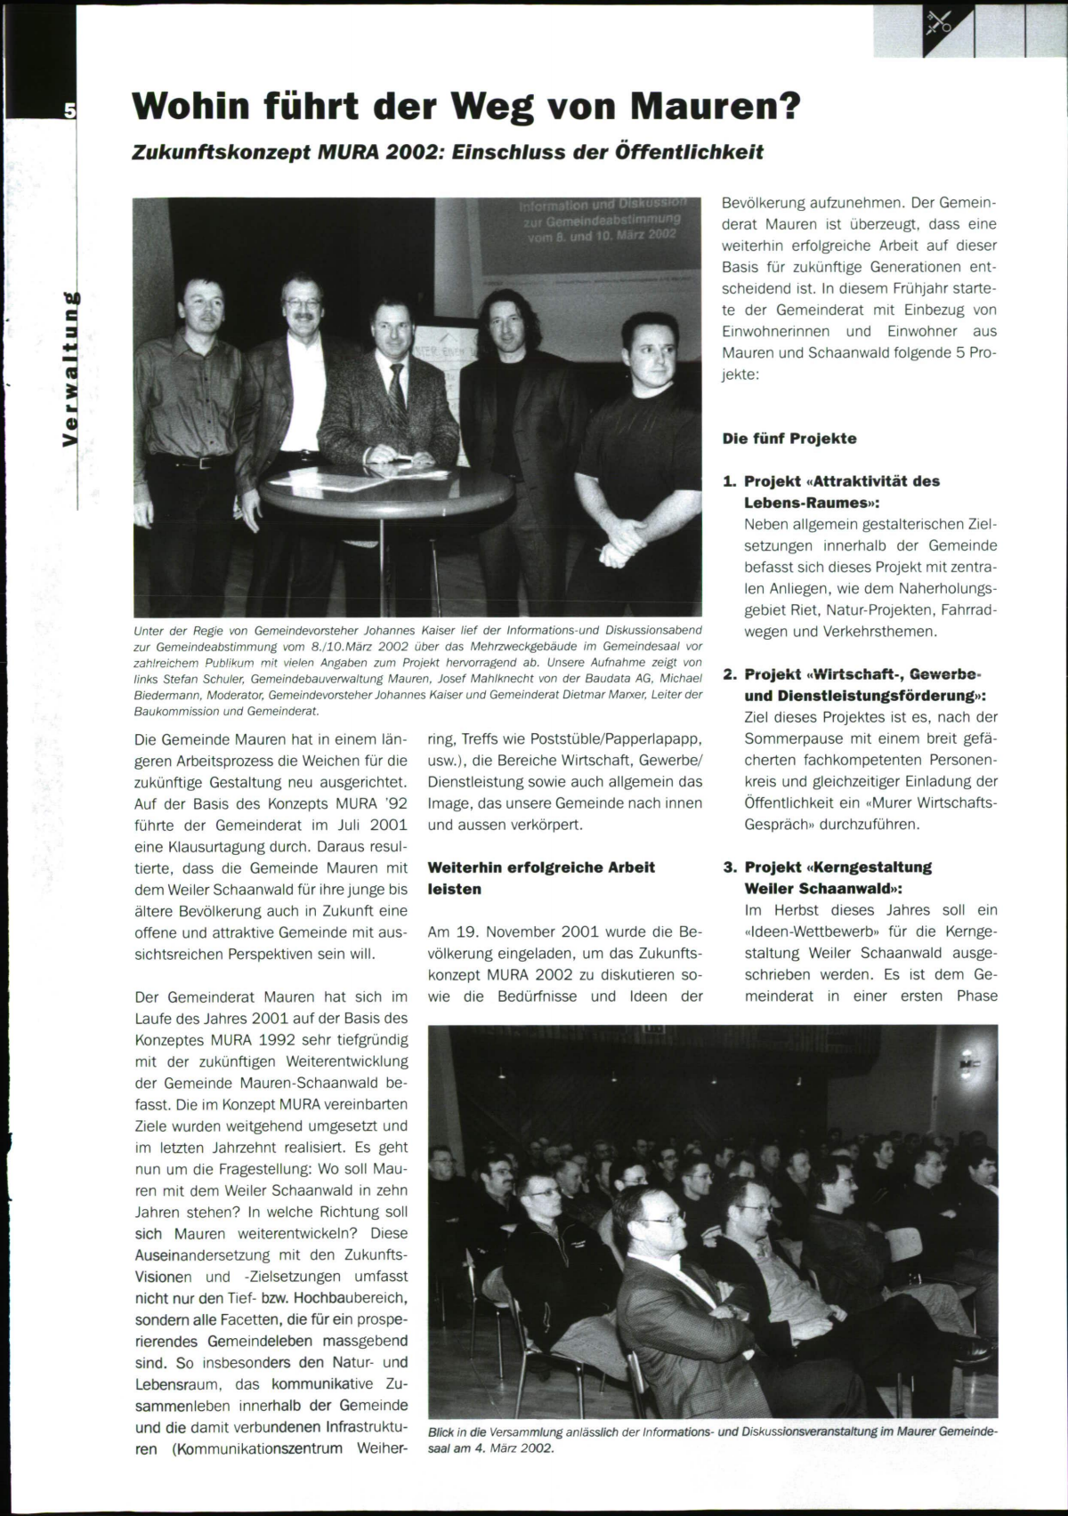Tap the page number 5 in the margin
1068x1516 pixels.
[69, 110]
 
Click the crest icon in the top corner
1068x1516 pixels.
[938, 22]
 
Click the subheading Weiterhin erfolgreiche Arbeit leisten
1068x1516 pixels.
[541, 878]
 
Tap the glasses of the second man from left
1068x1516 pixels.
[303, 303]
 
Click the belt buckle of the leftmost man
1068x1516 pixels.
[205, 464]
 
